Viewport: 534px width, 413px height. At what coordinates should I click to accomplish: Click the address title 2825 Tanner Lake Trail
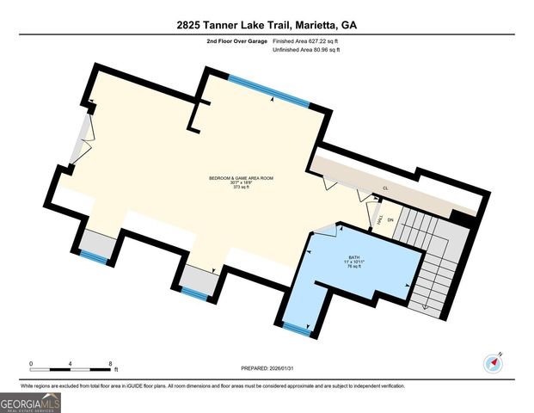tap(267, 25)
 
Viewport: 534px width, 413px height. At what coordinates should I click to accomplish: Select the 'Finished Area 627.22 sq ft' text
tap(306, 40)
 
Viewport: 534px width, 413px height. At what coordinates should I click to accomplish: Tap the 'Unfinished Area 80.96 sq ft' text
tap(307, 50)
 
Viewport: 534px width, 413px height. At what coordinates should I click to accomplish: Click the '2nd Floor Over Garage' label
tap(236, 40)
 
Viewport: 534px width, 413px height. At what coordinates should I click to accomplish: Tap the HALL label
tap(380, 220)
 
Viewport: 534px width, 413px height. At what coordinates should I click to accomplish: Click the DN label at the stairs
tap(390, 220)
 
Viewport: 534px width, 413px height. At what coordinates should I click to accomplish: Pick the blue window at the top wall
tap(268, 90)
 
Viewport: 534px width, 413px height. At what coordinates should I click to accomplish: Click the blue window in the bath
tap(297, 327)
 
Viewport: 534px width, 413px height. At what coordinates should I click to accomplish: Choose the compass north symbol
tap(493, 360)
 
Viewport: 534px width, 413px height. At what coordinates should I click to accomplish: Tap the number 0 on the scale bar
tap(31, 363)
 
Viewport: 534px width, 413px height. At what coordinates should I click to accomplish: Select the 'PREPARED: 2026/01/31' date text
tap(267, 367)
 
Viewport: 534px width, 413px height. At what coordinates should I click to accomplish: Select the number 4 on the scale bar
tap(71, 363)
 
